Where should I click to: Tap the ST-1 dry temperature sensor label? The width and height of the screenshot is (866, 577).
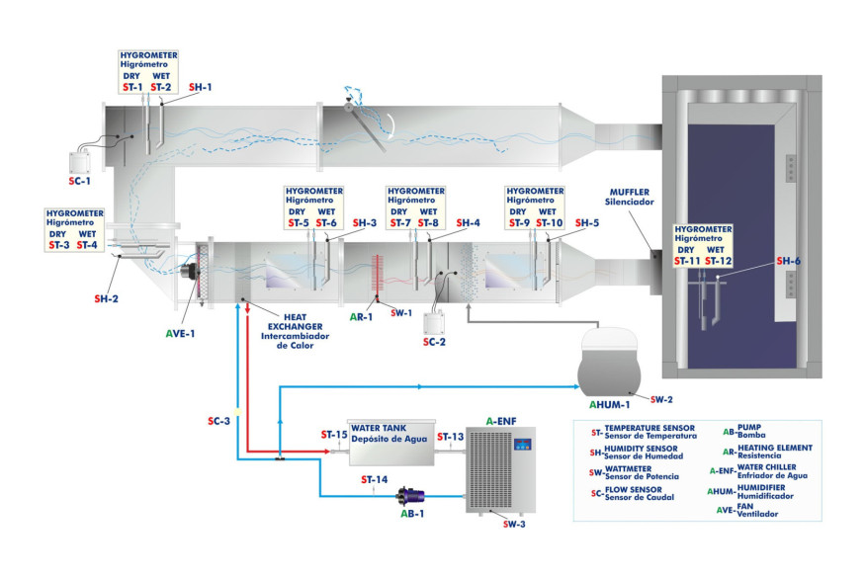tap(131, 87)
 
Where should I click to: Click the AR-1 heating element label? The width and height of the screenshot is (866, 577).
tap(362, 317)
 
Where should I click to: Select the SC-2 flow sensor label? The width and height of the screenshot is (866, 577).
tap(436, 342)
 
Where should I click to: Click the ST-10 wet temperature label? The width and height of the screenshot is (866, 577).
tap(550, 223)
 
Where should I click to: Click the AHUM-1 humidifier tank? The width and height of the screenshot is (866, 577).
tap(609, 360)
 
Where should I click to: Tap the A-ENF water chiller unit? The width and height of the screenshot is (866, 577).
tap(500, 469)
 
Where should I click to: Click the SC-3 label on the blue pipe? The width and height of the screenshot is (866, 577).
tap(219, 421)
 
